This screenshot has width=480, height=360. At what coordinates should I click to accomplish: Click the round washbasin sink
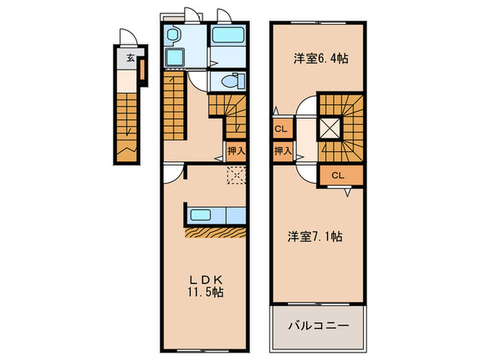click(174, 35)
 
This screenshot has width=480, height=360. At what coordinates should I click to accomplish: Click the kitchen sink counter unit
click(214, 215)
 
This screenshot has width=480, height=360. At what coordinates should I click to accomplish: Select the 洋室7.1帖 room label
click(315, 237)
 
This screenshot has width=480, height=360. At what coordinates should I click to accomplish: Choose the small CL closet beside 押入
click(280, 128)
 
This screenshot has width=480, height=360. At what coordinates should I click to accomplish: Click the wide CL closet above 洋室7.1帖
click(337, 176)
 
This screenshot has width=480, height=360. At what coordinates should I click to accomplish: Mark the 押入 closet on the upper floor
click(281, 151)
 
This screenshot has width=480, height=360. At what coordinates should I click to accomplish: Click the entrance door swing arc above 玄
click(125, 37)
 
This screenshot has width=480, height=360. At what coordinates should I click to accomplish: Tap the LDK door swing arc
click(174, 172)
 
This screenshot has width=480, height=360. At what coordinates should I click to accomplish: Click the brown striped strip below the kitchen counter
click(214, 232)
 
